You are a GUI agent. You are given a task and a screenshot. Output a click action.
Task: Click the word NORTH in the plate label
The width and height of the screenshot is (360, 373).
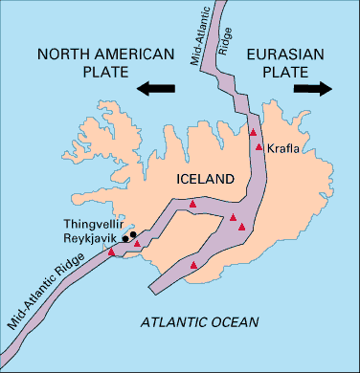coord(64,55)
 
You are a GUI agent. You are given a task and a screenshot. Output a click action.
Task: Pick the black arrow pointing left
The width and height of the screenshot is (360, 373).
coord(156,89)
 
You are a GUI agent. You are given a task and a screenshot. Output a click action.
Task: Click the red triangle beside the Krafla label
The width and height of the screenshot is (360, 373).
coord(259,147)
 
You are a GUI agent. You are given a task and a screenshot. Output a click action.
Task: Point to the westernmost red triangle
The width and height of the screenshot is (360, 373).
coord(112,252)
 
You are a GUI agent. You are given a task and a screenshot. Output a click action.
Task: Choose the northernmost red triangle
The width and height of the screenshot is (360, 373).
coord(253,131)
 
